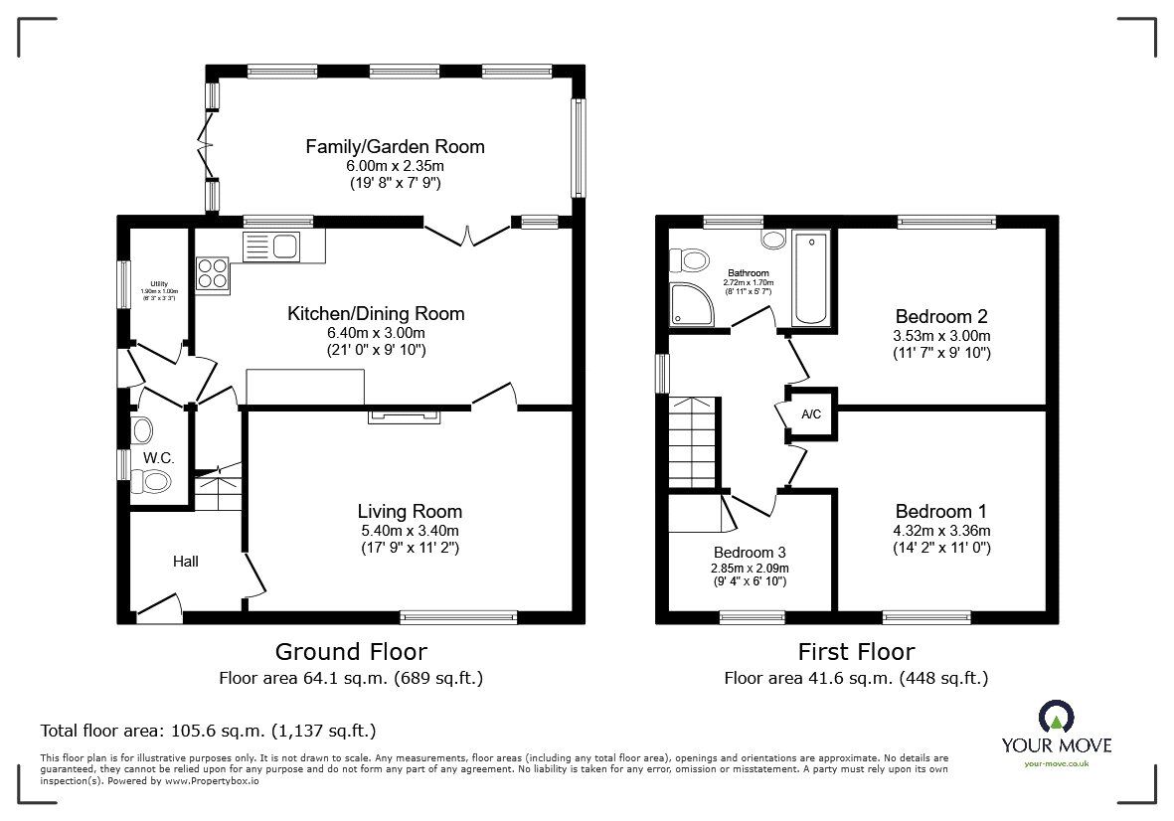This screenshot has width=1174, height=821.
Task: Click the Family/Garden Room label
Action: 395,146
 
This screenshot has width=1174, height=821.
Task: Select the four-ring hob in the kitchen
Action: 213,272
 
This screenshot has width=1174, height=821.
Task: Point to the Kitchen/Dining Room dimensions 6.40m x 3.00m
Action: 376,333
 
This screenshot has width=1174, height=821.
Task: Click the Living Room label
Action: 410,511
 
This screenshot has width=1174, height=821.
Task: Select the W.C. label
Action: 159,457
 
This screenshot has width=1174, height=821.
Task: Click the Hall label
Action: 186,562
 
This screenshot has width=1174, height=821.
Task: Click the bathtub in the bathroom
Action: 811,278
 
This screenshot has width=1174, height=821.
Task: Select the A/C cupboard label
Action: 811,413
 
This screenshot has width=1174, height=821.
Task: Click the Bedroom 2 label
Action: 940,317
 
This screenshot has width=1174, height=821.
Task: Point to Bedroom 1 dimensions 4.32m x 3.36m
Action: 940,530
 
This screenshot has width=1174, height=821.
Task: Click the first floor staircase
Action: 692,442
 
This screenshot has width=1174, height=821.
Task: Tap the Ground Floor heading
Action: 351,652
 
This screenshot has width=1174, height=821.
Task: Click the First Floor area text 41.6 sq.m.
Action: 856,679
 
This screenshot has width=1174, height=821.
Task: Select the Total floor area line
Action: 208,730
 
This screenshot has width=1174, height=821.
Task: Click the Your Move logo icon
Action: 1056,716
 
